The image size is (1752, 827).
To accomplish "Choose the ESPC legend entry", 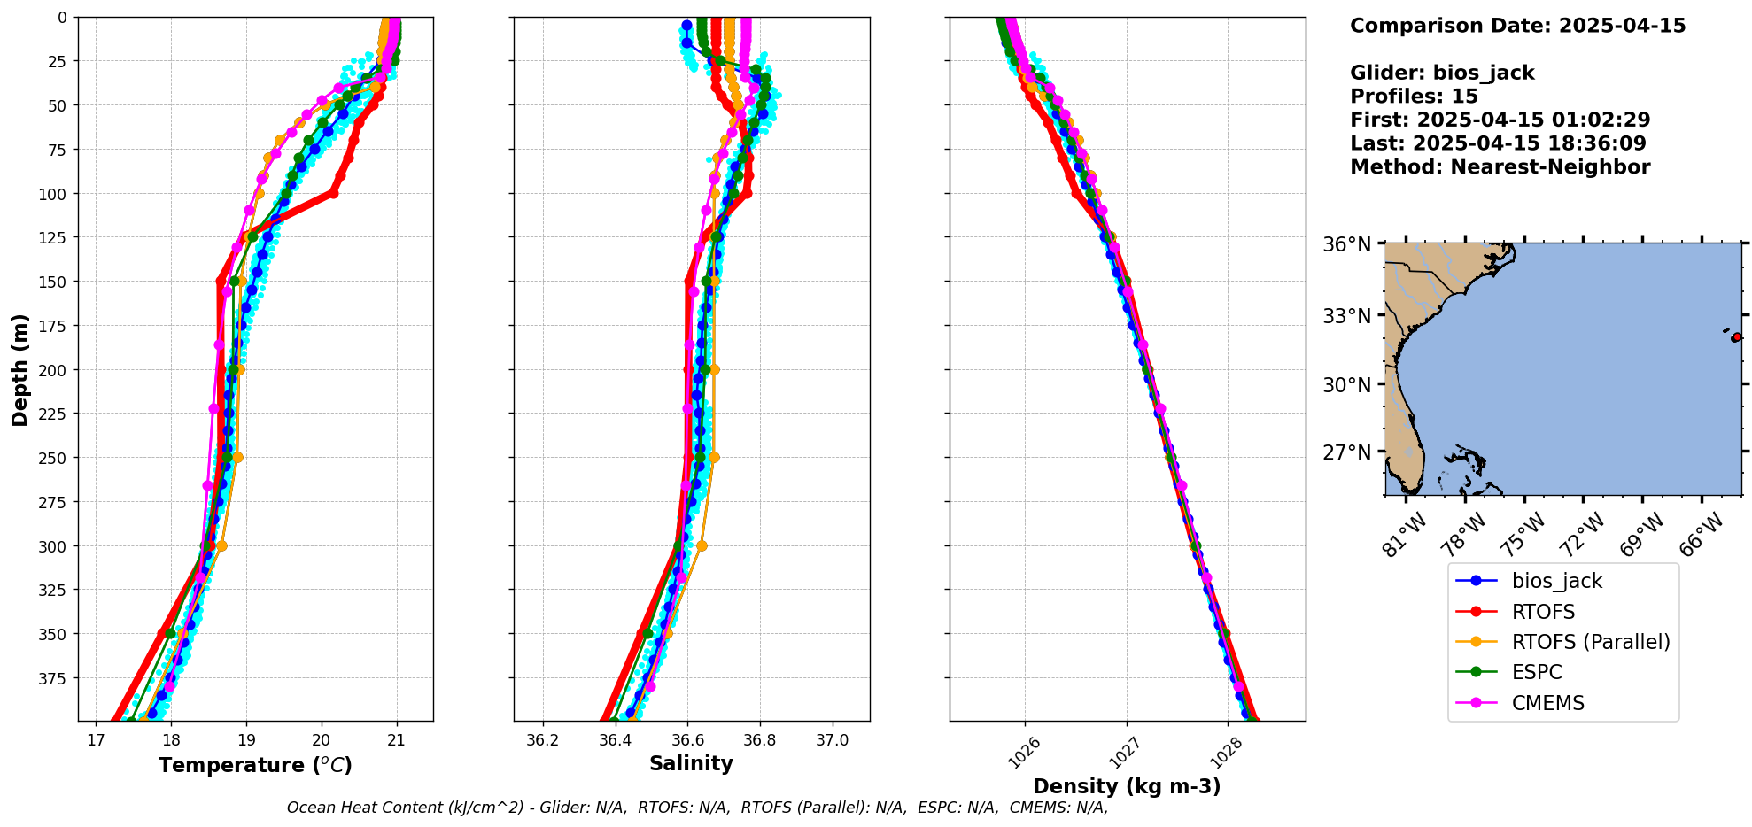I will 1537,672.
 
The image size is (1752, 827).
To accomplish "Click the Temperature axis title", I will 255,765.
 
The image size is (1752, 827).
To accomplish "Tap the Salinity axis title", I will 691,764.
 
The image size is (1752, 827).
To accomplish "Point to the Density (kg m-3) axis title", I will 1127,786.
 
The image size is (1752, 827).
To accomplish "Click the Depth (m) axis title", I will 20,369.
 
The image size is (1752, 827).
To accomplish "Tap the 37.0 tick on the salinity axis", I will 832,740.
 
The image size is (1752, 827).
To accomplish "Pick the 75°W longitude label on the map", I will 1525,533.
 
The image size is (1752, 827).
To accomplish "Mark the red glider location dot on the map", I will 1736,337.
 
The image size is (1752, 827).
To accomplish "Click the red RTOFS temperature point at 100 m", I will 333,193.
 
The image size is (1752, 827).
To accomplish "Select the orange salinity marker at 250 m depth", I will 714,458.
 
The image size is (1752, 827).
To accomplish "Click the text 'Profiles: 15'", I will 1414,97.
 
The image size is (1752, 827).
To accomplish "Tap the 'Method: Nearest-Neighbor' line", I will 1500,167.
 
